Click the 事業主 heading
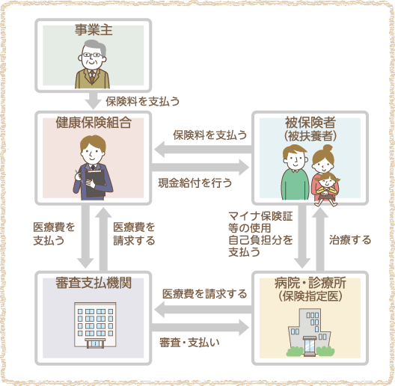tap(94, 30)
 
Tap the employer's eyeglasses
tap(93, 55)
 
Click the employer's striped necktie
tap(92, 76)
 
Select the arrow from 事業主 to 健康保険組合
tap(93, 100)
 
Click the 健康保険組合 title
tap(94, 123)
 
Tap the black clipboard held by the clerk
tap(95, 183)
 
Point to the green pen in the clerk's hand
tap(79, 175)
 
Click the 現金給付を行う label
tap(195, 183)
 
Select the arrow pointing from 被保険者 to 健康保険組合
tap(203, 149)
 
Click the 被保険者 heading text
tap(310, 123)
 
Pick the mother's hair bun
tap(328, 148)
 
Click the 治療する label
tap(350, 239)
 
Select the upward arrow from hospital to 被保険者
tap(320, 239)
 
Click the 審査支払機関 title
tap(94, 283)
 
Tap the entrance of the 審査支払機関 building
tap(95, 343)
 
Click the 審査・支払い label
tap(189, 343)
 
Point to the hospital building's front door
tap(310, 346)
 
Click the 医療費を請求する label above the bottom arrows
tap(204, 294)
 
